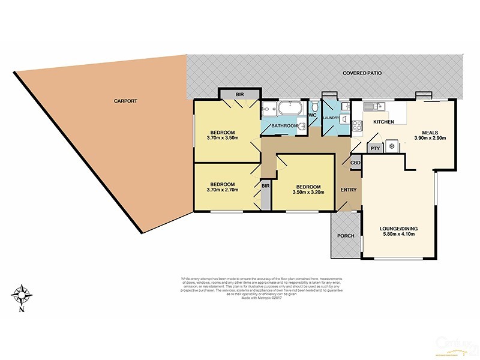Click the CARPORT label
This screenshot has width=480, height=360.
click(126, 101)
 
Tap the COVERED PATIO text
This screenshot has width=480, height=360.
click(362, 73)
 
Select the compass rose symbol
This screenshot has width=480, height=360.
click(23, 295)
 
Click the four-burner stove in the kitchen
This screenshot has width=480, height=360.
click(356, 126)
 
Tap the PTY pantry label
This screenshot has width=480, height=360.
click(374, 148)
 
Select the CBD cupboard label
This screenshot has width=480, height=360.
click(355, 162)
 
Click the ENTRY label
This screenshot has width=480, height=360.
click(349, 190)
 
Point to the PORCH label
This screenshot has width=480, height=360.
click(344, 235)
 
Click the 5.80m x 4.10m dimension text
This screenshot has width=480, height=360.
click(399, 235)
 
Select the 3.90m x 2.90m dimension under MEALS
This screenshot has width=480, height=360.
click(430, 139)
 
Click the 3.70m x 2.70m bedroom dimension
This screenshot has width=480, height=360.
click(222, 190)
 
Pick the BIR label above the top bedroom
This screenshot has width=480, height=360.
click(239, 94)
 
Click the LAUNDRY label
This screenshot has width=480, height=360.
click(331, 118)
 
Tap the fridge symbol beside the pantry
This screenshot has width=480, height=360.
click(391, 146)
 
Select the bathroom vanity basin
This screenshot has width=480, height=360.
click(302, 126)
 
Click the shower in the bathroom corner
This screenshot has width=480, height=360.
click(268, 110)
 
